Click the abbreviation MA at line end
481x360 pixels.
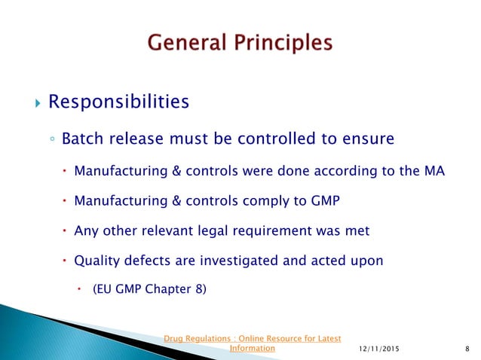[434, 172]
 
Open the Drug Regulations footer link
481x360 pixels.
[253, 337]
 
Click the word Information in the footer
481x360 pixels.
[252, 348]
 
